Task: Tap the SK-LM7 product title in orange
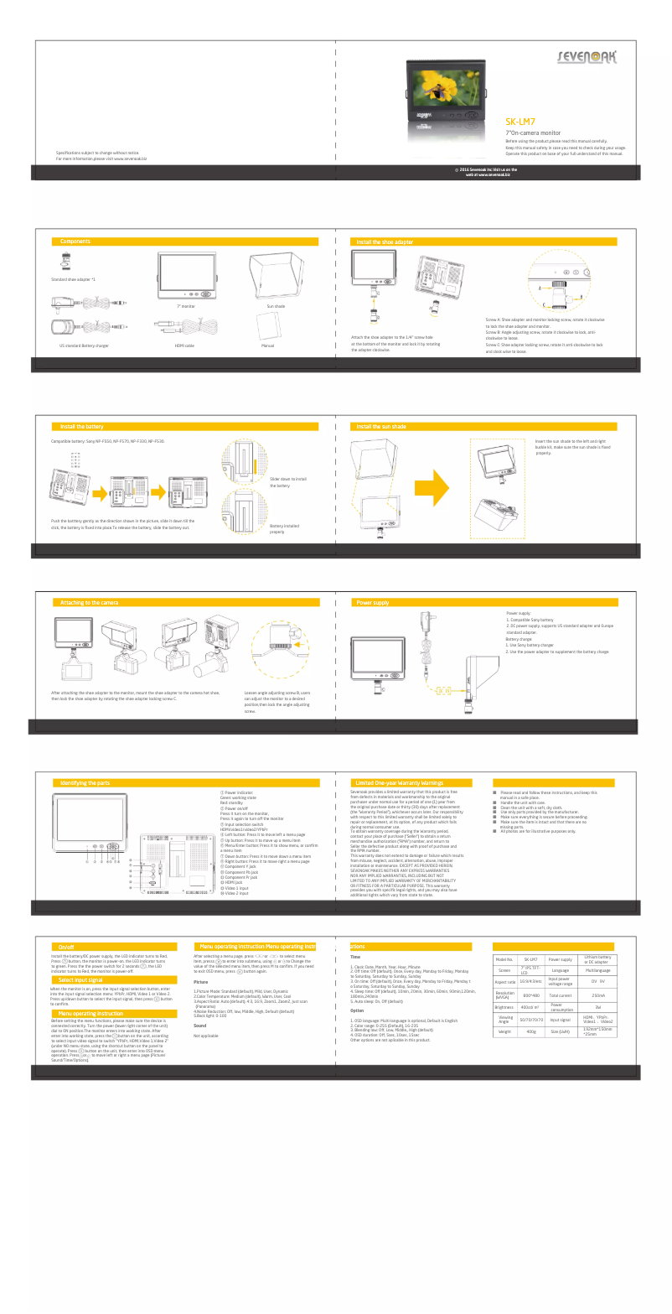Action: pyautogui.click(x=520, y=122)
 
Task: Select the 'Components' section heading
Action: pyautogui.click(x=75, y=242)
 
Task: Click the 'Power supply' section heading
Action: pyautogui.click(x=373, y=602)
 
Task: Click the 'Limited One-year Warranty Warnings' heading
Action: pyautogui.click(x=400, y=782)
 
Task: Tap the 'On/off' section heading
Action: pyautogui.click(x=66, y=947)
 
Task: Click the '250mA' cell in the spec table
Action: pyautogui.click(x=598, y=995)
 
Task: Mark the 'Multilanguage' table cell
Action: pyautogui.click(x=598, y=970)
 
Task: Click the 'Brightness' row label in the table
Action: pyautogui.click(x=504, y=1007)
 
